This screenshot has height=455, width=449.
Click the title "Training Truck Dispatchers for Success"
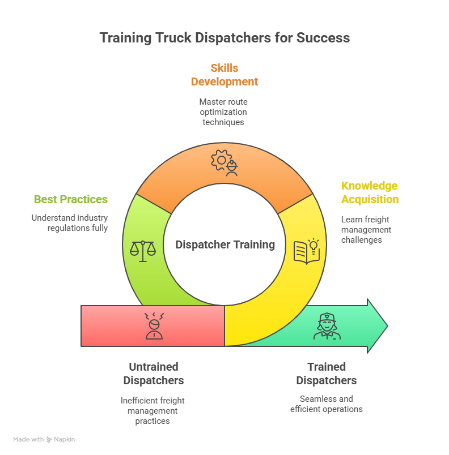pyautogui.click(x=224, y=38)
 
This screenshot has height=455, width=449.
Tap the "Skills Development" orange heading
pyautogui.click(x=224, y=75)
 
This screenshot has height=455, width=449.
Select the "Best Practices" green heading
pyautogui.click(x=71, y=199)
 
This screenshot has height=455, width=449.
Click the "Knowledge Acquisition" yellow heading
pyautogui.click(x=369, y=192)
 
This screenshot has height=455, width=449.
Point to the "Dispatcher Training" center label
pyautogui.click(x=225, y=245)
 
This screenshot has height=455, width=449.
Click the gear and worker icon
pyautogui.click(x=224, y=162)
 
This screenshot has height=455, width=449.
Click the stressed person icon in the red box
pyautogui.click(x=154, y=325)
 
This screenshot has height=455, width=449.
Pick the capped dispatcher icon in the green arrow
pyautogui.click(x=327, y=327)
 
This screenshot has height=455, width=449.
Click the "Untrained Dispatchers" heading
pyautogui.click(x=153, y=374)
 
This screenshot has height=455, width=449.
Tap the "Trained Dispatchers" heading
pyautogui.click(x=327, y=374)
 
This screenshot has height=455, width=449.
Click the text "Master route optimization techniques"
pyautogui.click(x=223, y=111)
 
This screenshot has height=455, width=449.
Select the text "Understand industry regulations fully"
pyautogui.click(x=70, y=223)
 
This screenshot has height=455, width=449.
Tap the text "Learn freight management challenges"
pyautogui.click(x=366, y=229)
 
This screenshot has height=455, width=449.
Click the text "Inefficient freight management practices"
pyautogui.click(x=153, y=410)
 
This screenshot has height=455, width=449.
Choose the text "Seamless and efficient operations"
pyautogui.click(x=327, y=404)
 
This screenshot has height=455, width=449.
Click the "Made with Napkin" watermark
pyautogui.click(x=44, y=439)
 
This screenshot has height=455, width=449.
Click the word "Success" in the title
pyautogui.click(x=325, y=38)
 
